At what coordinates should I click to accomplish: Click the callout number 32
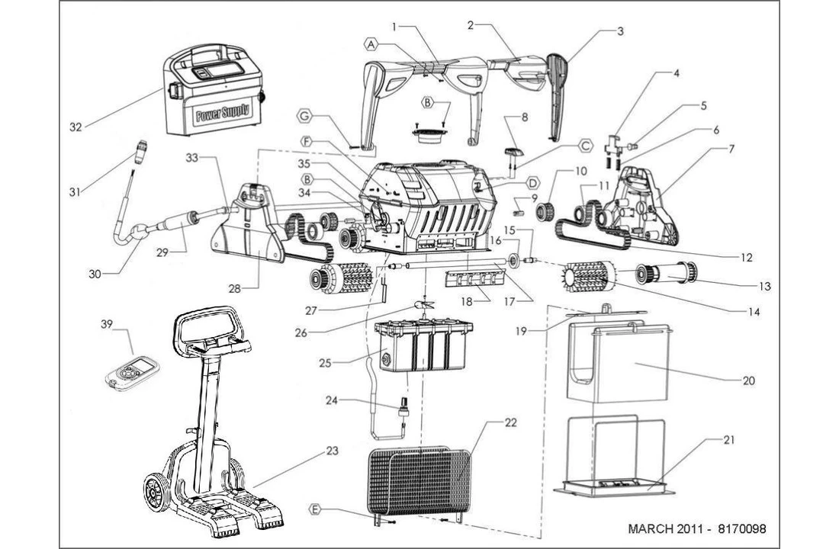(x=76, y=127)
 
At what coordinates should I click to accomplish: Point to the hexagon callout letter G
(x=305, y=117)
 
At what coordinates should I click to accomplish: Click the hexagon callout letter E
(x=315, y=508)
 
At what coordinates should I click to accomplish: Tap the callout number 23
(x=331, y=451)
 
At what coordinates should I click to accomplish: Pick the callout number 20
(x=748, y=380)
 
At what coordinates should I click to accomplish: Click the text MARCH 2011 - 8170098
(x=696, y=528)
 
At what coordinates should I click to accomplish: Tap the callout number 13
(x=764, y=287)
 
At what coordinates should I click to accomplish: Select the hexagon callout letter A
(x=371, y=45)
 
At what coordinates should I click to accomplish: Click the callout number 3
(x=620, y=31)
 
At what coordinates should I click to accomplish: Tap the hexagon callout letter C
(x=586, y=144)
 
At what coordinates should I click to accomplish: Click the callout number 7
(x=731, y=149)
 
